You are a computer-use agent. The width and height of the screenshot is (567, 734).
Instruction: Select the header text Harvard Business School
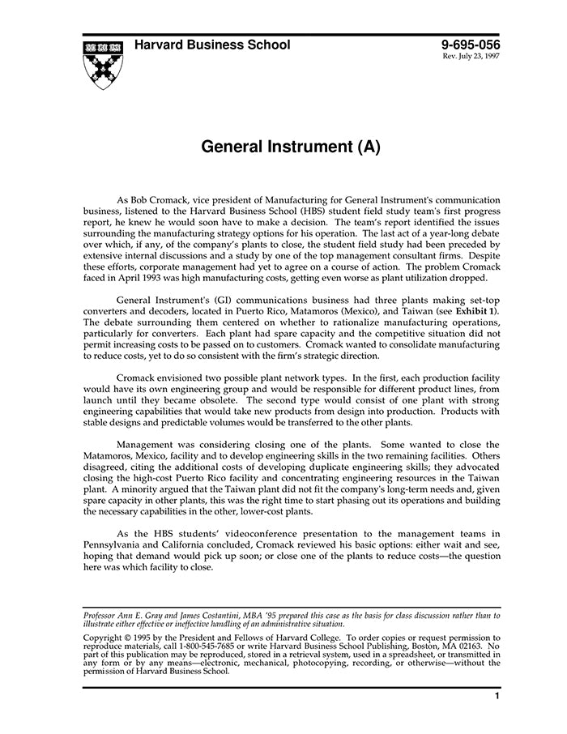[x=212, y=45]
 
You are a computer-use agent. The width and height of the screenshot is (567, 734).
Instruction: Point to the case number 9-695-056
[x=471, y=45]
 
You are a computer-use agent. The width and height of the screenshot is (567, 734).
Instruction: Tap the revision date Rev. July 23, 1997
[x=471, y=58]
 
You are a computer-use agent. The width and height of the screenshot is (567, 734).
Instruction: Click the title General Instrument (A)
[x=290, y=147]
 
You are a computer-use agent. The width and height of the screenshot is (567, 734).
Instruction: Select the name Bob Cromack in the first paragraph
[x=167, y=199]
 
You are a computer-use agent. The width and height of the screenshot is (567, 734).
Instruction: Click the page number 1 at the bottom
[x=497, y=698]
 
